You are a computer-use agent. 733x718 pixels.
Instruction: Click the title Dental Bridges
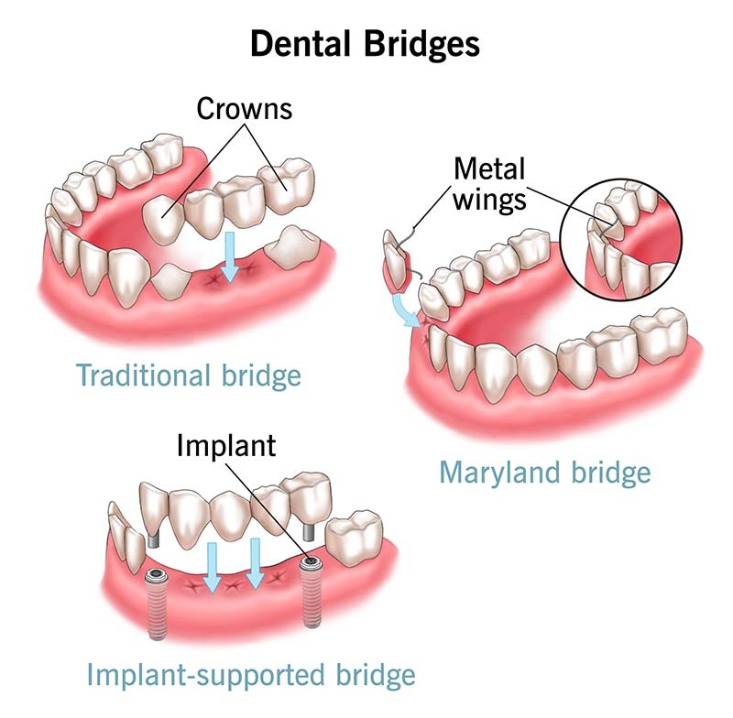click(x=366, y=44)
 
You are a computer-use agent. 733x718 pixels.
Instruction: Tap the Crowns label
click(x=244, y=110)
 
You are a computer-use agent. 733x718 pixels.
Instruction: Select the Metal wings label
click(x=490, y=183)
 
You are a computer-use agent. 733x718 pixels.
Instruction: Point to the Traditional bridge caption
click(x=189, y=375)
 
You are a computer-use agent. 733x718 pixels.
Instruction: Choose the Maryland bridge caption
click(x=544, y=473)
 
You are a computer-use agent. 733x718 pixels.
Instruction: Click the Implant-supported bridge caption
click(x=251, y=675)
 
